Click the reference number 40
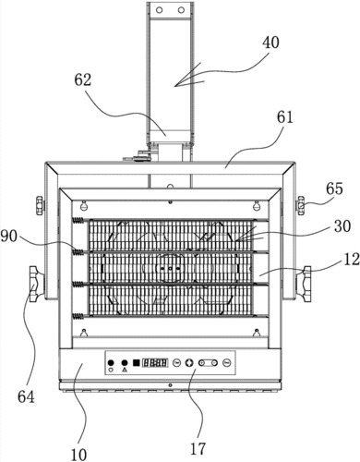tap(270, 43)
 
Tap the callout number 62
tap(83, 79)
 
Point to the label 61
tap(284, 117)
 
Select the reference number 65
tap(334, 188)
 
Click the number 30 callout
tap(342, 226)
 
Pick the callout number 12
tap(351, 259)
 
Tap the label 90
tap(9, 237)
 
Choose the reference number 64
tap(26, 397)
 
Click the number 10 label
tap(78, 455)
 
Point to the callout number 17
tap(198, 449)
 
